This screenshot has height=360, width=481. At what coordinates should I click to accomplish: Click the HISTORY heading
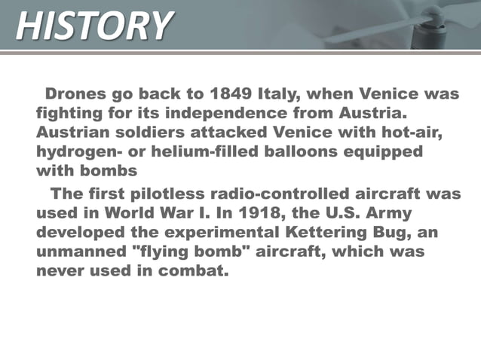93,26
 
